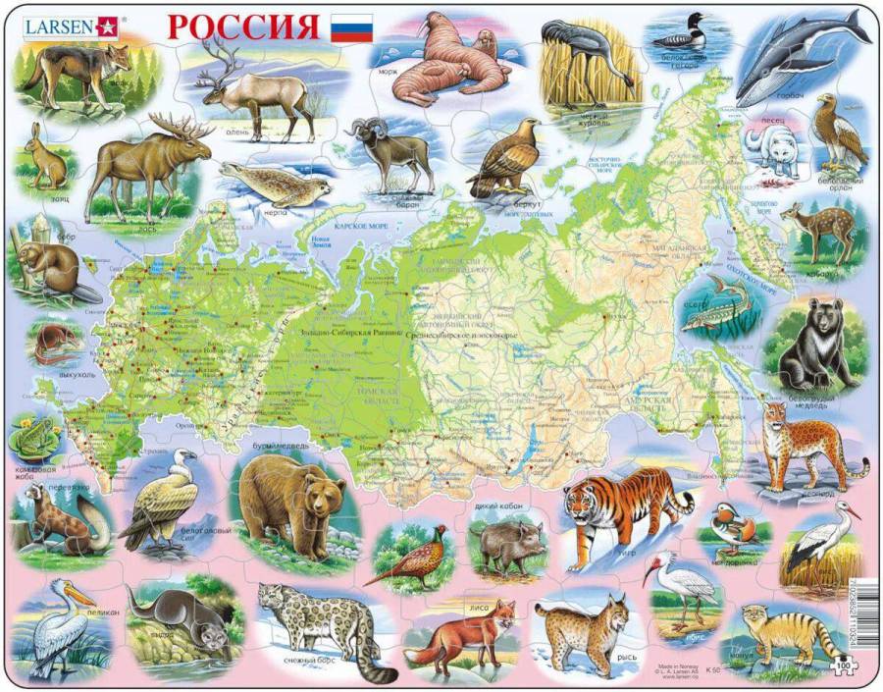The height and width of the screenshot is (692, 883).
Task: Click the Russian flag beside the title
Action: (350, 27)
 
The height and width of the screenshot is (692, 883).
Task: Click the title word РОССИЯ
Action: (243, 27)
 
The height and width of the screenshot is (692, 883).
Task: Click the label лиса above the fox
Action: (480, 610)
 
